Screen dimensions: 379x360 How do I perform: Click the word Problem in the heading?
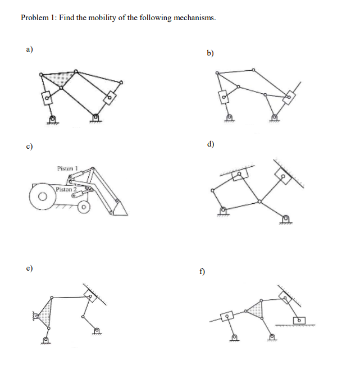pyautogui.click(x=35, y=18)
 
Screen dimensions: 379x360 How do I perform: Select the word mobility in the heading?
pyautogui.click(x=106, y=18)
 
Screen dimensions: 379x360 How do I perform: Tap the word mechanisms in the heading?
pyautogui.click(x=194, y=18)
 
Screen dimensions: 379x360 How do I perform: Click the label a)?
pyautogui.click(x=29, y=49)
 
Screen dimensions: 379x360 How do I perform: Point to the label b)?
pyautogui.click(x=210, y=53)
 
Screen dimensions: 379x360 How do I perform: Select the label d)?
pyautogui.click(x=210, y=144)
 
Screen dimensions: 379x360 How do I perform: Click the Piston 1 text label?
pyautogui.click(x=67, y=168)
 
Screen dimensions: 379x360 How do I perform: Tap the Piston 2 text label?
pyautogui.click(x=66, y=190)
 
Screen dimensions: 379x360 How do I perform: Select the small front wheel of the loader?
pyautogui.click(x=84, y=208)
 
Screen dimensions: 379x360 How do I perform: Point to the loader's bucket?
pyautogui.click(x=119, y=209)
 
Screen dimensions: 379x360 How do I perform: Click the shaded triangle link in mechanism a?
pyautogui.click(x=58, y=79)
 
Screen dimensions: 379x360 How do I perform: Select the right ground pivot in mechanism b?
pyautogui.click(x=274, y=118)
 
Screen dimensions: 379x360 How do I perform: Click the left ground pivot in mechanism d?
pyautogui.click(x=224, y=211)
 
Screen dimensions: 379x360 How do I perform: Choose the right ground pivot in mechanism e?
pyautogui.click(x=97, y=332)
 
